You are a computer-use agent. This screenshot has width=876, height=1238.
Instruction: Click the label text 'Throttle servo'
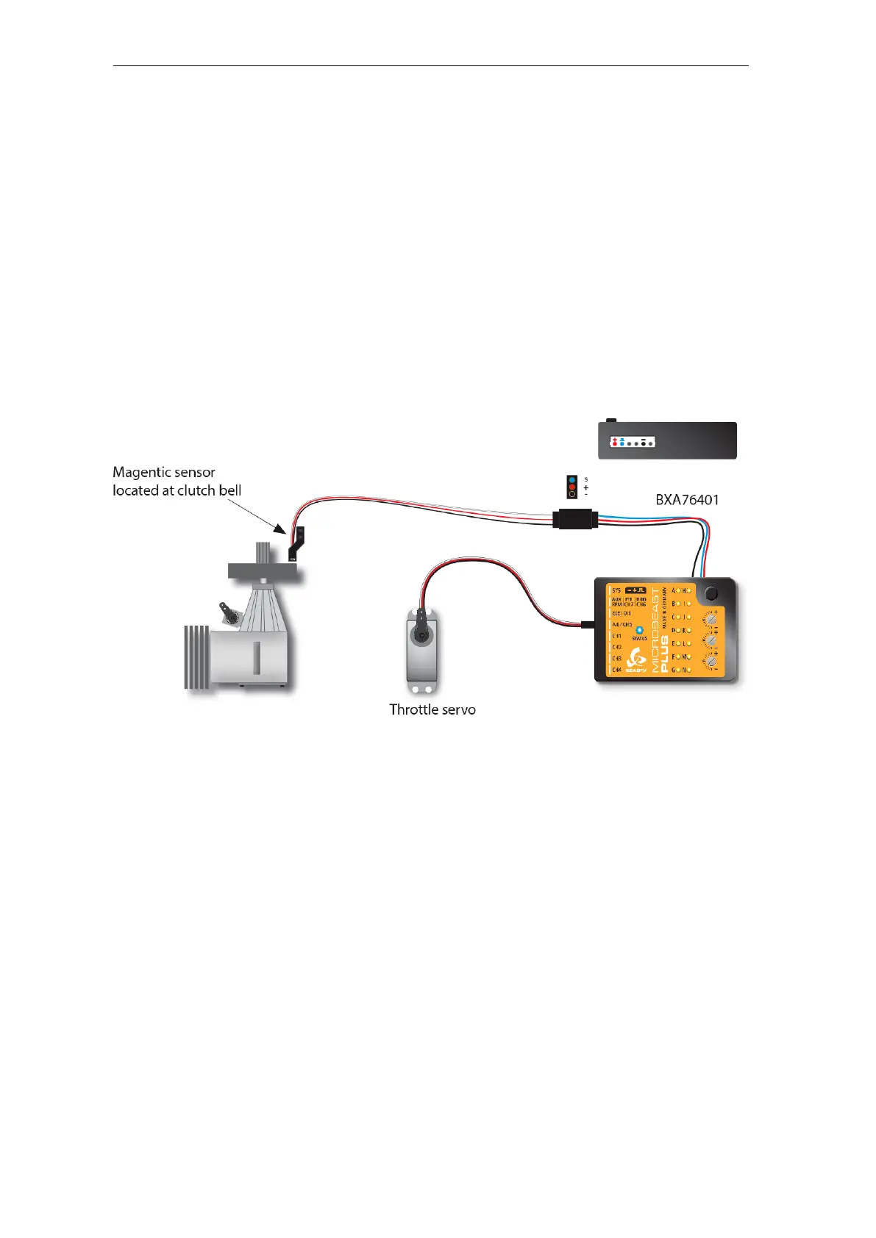432,709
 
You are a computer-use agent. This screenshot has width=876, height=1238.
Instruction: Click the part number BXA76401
687,500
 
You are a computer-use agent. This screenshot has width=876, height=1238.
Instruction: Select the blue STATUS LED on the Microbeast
639,630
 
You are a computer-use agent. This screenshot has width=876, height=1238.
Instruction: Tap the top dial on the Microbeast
710,618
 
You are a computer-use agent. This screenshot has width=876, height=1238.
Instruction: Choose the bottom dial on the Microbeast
710,660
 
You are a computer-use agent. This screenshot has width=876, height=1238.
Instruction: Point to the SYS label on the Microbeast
616,590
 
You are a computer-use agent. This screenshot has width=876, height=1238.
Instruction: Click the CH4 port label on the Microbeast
617,670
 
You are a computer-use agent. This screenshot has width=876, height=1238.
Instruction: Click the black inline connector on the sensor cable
576,519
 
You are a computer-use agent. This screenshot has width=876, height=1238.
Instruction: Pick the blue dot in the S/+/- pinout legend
572,479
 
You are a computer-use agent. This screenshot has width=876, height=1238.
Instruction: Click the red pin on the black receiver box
614,443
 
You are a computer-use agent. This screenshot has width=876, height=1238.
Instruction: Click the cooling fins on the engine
196,656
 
